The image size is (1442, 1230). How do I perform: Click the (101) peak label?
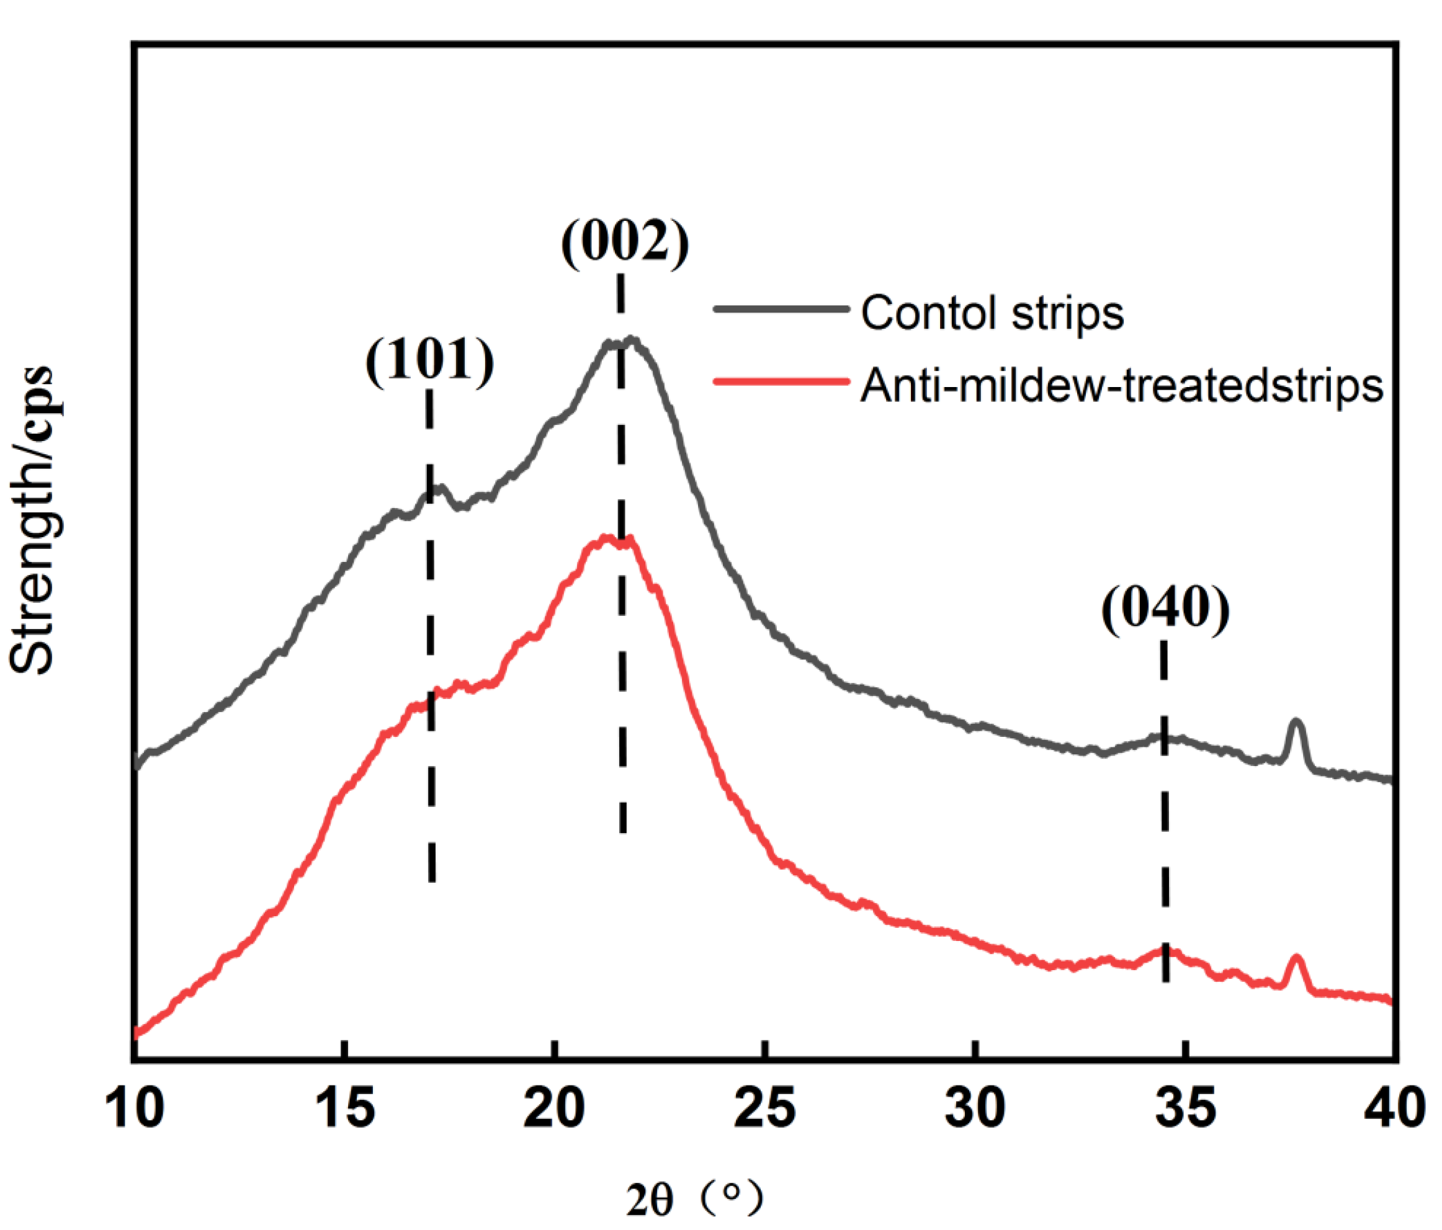429,360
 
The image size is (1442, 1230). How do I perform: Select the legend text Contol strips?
992,313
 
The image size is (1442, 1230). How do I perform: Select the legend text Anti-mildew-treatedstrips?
1121,385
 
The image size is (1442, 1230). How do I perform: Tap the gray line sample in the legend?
781,309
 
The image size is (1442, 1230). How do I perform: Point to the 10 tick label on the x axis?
134,1108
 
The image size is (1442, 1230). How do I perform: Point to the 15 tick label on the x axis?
344,1108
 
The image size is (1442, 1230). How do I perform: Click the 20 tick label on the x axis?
555,1108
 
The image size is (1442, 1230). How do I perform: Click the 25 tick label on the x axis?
765,1108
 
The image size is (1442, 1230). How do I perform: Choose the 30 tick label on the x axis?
975,1108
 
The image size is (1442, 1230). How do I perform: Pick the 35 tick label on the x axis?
1185,1108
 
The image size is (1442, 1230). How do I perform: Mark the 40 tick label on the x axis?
1395,1108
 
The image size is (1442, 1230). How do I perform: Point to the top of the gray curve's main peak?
630,340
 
